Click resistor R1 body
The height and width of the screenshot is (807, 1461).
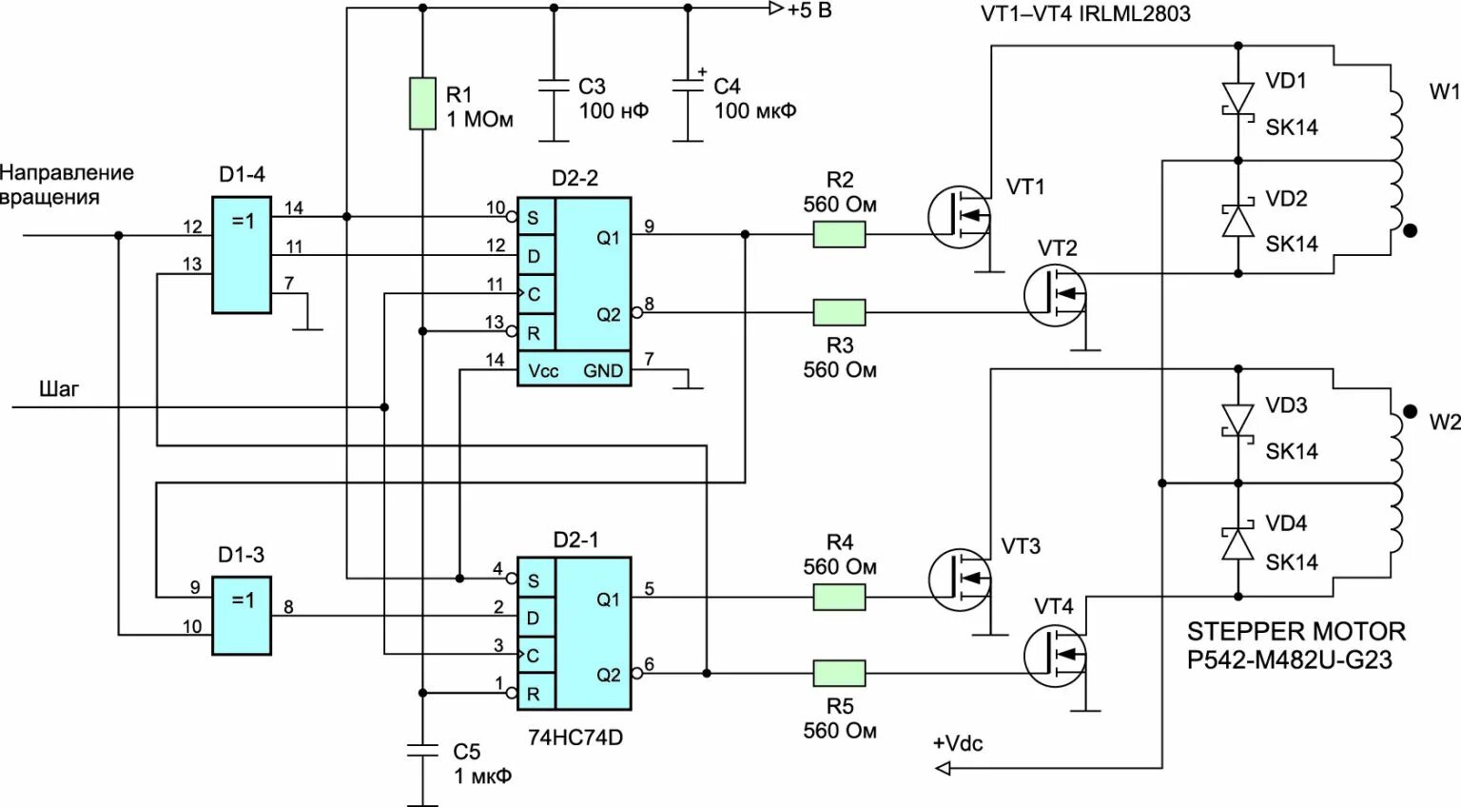(x=422, y=103)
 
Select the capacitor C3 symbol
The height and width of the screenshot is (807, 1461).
(x=554, y=85)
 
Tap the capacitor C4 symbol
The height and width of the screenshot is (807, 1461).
(x=688, y=85)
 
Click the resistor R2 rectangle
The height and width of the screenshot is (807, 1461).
(x=839, y=234)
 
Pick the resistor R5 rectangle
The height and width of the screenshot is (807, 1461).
(x=839, y=673)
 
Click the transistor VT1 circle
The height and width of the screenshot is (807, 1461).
(x=960, y=217)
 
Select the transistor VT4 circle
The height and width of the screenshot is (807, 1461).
(x=1055, y=656)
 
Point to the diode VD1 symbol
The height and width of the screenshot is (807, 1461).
(x=1237, y=98)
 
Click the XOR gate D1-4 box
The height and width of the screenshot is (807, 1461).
(x=242, y=255)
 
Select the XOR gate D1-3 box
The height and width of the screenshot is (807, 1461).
(x=242, y=616)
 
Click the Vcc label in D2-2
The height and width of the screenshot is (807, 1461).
(x=543, y=371)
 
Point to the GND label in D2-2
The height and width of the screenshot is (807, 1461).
(x=603, y=371)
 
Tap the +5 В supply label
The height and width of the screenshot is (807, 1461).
(x=809, y=10)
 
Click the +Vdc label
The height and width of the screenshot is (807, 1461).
(x=958, y=743)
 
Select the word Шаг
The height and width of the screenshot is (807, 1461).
(x=59, y=388)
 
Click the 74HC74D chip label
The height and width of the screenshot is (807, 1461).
(x=575, y=738)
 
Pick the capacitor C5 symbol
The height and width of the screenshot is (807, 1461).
(x=422, y=750)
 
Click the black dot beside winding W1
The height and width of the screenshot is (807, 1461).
(x=1410, y=230)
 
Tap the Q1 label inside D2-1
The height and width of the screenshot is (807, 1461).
(x=608, y=600)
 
